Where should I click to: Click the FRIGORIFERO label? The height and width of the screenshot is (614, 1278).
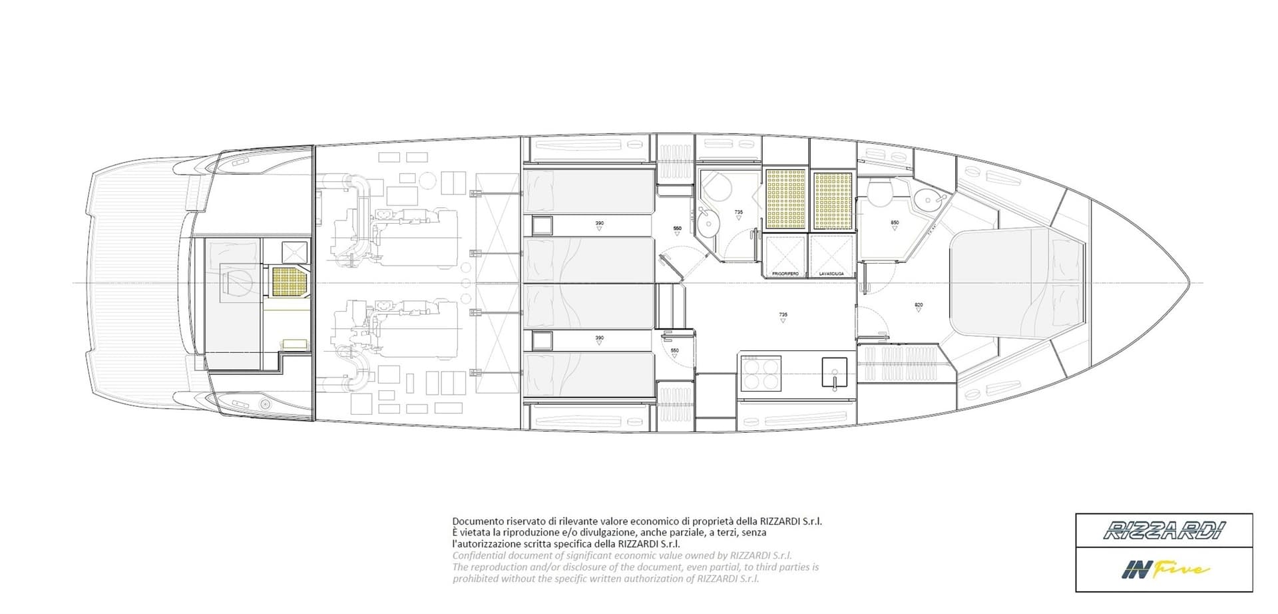click(785, 274)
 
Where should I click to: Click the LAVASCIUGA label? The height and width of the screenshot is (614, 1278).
click(831, 274)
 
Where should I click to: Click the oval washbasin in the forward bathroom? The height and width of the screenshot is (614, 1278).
click(927, 198)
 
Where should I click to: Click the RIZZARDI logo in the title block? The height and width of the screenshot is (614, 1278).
click(1164, 531)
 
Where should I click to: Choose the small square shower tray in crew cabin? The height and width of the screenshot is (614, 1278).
click(294, 251)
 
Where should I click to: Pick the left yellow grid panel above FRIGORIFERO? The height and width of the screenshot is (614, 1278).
click(785, 199)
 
